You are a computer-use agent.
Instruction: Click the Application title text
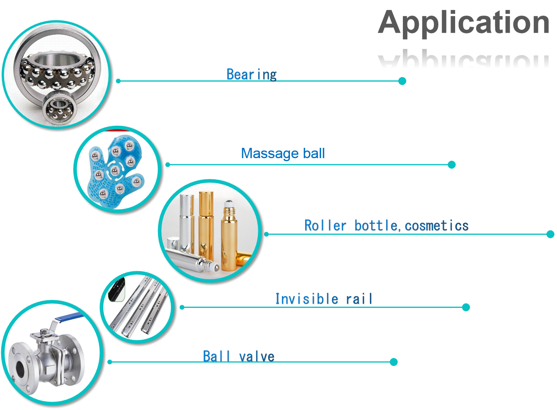click(x=464, y=23)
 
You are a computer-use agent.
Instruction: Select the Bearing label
click(x=251, y=74)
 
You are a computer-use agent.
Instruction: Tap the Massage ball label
click(x=283, y=153)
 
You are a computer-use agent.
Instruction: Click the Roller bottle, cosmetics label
click(x=386, y=226)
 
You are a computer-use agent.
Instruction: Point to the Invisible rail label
click(x=324, y=299)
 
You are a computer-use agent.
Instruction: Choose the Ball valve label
click(x=238, y=356)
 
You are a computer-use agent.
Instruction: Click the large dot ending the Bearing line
click(x=402, y=81)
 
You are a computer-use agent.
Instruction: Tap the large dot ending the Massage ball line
click(x=452, y=165)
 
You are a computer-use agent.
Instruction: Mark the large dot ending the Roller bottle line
click(x=550, y=234)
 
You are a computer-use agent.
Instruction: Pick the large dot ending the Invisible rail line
click(x=466, y=307)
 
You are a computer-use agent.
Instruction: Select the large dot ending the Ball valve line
click(x=394, y=362)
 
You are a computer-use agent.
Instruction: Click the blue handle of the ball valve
click(x=69, y=317)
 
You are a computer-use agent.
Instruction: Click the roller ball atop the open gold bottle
click(x=229, y=203)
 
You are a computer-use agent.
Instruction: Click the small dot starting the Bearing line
click(x=118, y=81)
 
